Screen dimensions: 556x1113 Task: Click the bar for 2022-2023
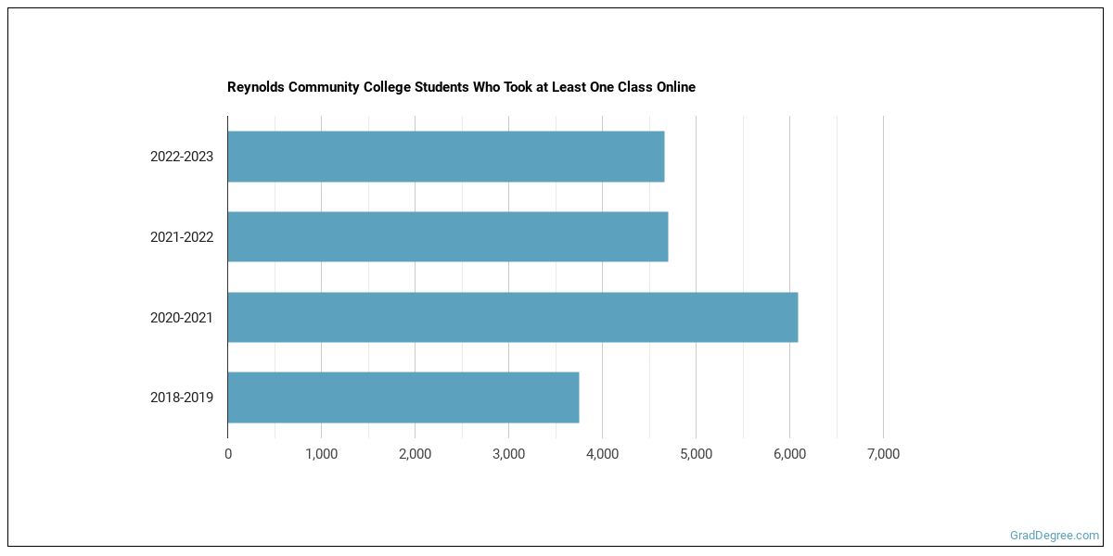coord(446,157)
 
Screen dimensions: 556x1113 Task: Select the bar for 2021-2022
coord(448,236)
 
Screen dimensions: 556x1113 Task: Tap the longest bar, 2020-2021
coord(513,317)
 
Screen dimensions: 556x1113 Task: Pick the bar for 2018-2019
coord(403,398)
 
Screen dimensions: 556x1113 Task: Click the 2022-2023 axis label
coord(182,157)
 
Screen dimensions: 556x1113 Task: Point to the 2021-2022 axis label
coord(182,237)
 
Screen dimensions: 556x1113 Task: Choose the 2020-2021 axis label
coord(182,318)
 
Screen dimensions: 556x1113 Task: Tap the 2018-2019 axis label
coord(182,398)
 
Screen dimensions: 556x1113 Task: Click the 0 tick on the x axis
coord(228,454)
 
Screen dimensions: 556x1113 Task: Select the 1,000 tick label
coord(321,454)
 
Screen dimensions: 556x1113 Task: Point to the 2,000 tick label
coord(415,454)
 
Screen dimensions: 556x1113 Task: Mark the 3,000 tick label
coord(508,454)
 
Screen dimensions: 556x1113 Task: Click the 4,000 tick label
coord(602,454)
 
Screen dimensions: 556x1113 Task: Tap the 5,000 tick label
coord(696,454)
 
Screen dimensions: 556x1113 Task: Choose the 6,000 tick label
coord(789,454)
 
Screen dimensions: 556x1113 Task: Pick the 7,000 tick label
coord(883,454)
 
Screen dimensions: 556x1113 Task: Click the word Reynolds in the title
coord(255,87)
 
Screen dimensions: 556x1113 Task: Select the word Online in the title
coord(673,87)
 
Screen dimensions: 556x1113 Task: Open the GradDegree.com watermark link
coord(1055,536)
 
